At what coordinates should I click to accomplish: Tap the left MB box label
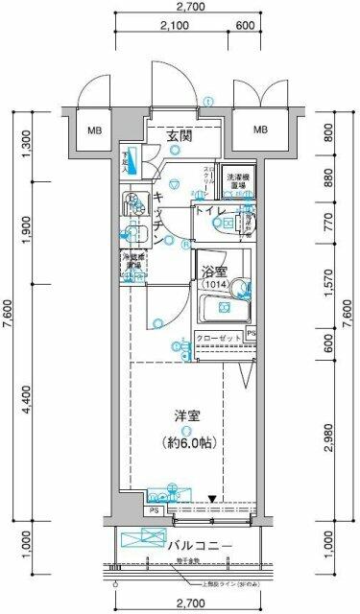click(97, 130)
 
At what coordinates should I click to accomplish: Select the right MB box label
click(260, 130)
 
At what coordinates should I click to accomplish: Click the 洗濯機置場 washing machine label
click(240, 181)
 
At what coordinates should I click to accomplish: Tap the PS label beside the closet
click(252, 333)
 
